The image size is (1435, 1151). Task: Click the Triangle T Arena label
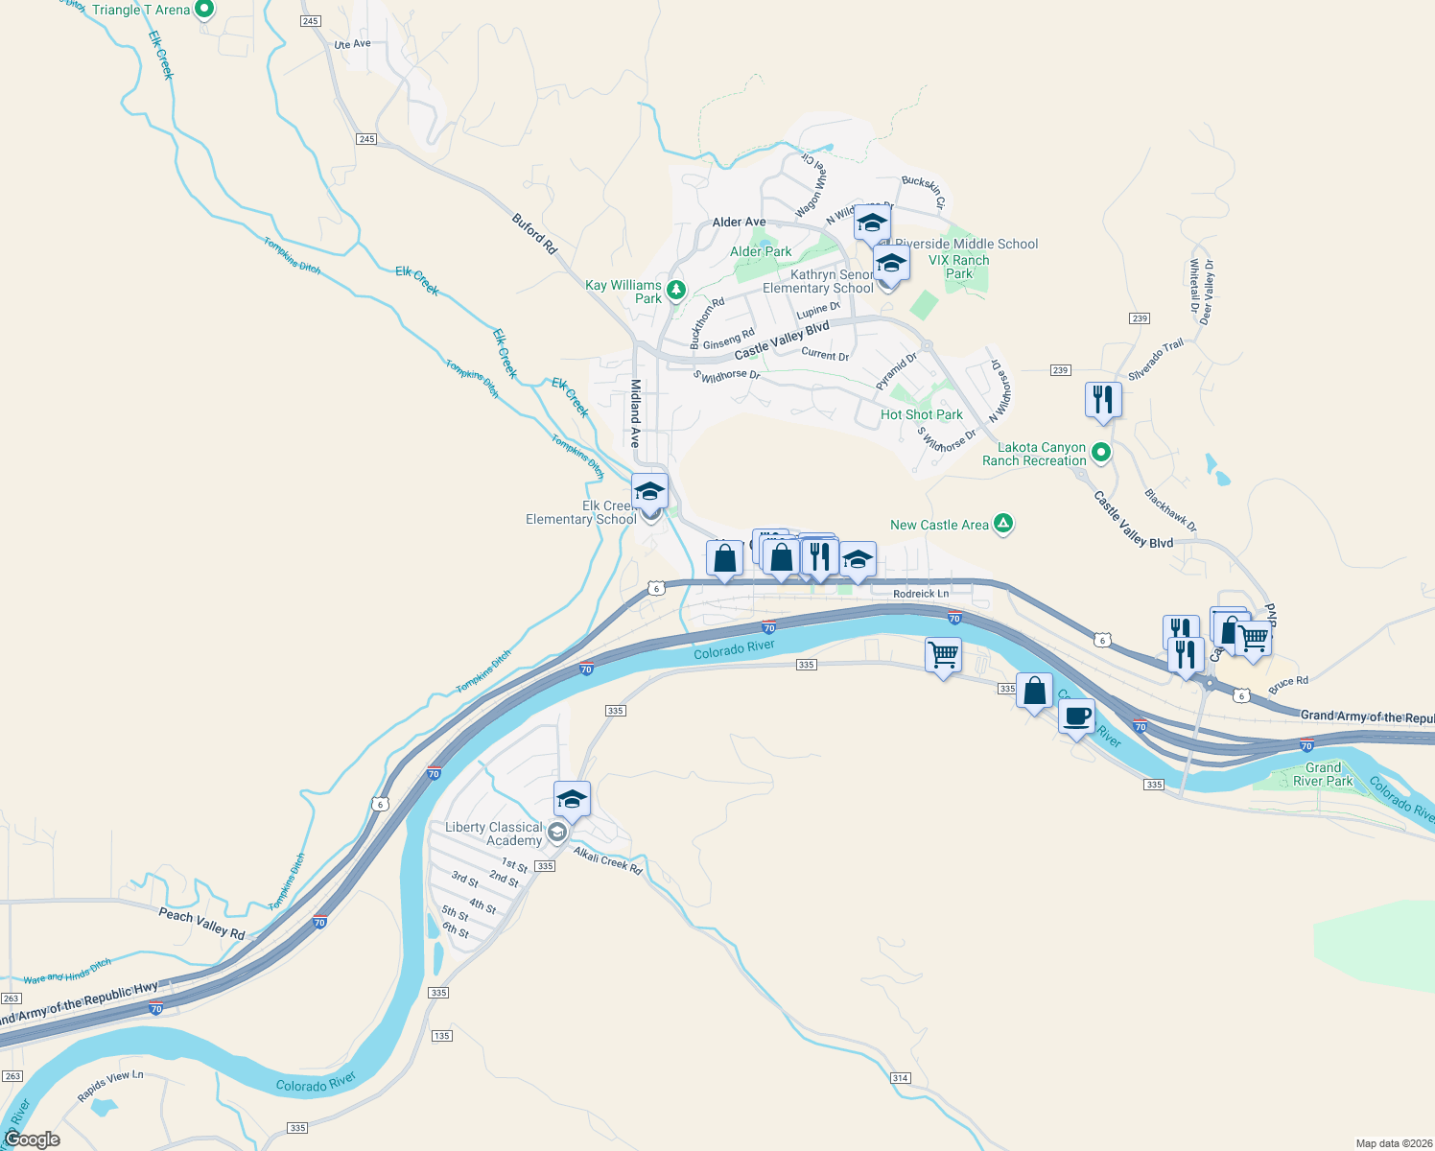141,11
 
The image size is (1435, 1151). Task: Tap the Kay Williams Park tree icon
676,289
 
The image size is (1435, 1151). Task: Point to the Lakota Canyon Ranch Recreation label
1034,455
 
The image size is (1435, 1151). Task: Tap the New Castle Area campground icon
1003,524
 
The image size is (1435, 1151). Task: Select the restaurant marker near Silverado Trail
1103,399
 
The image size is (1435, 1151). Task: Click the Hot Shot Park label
922,415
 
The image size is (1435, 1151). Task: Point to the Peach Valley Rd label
201,924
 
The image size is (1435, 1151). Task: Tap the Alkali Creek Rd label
608,860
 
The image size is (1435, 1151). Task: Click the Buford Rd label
534,234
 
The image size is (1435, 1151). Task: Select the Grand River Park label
1323,774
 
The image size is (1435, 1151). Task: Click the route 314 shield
900,1078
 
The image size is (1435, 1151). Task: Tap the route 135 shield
442,1036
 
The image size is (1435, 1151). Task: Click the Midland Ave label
635,412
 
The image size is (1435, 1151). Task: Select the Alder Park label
761,252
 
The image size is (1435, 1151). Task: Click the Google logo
33,1139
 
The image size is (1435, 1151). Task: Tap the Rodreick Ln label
921,594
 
